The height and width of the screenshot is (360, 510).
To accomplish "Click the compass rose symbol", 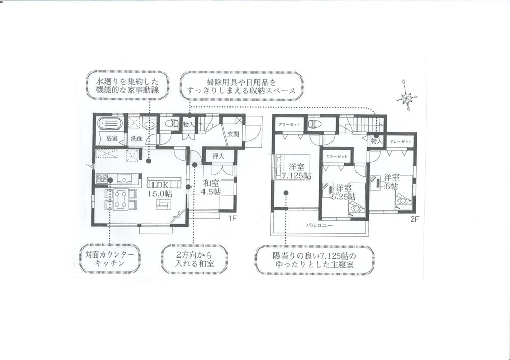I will click(x=408, y=95).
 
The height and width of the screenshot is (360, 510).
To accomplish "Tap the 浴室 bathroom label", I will click(x=112, y=138).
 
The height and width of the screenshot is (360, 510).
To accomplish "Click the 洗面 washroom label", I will click(x=136, y=138).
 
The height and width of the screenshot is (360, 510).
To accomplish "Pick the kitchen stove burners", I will click(x=101, y=178).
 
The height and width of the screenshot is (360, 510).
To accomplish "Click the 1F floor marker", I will click(x=232, y=219).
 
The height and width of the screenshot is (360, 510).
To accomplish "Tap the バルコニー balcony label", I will click(x=319, y=224).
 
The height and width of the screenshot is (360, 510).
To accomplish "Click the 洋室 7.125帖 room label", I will click(x=296, y=172).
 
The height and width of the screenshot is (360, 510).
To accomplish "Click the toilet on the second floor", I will click(x=315, y=124).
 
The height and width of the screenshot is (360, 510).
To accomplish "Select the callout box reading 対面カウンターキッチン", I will click(x=110, y=258).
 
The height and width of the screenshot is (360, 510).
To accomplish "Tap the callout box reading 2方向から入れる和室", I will click(x=194, y=258).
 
